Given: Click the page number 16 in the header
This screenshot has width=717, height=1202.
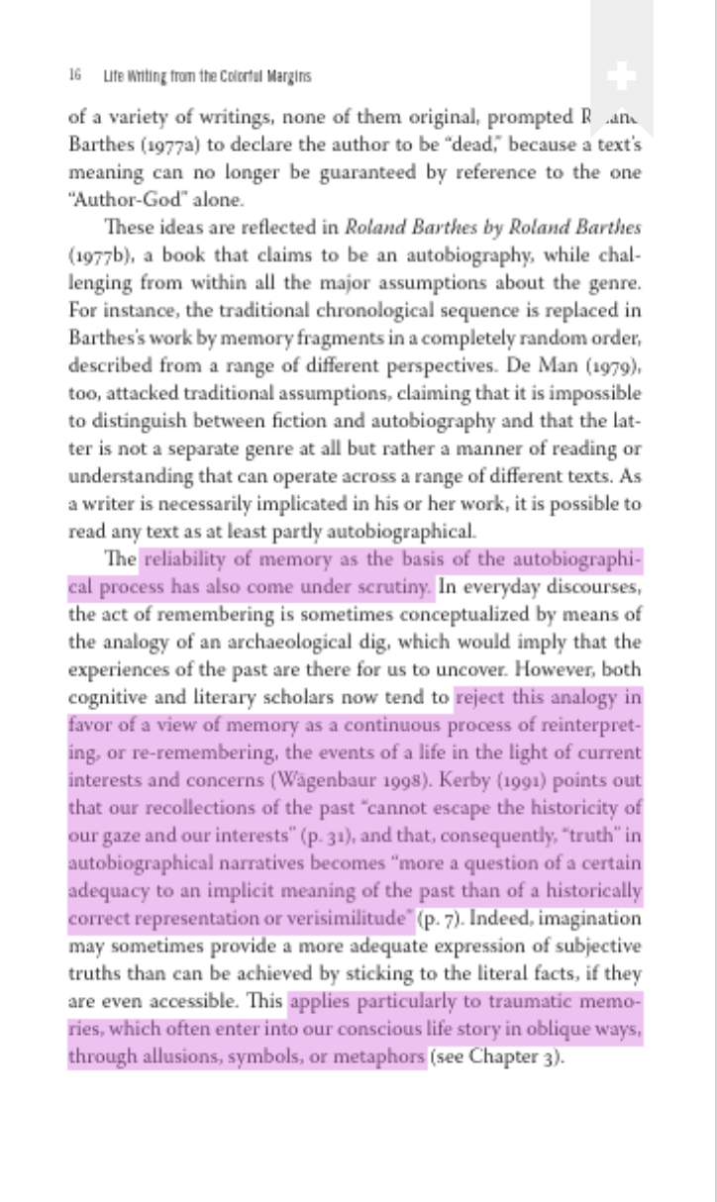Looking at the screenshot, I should [74, 76].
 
